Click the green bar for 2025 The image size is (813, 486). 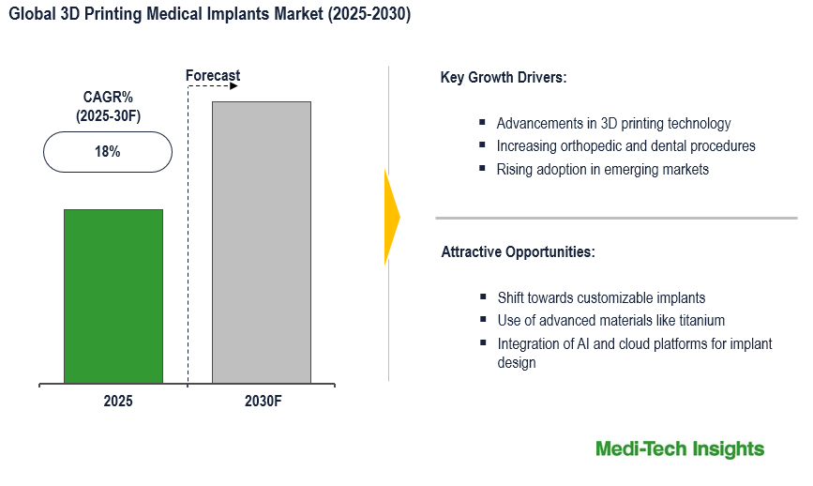point(113,296)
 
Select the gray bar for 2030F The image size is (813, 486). point(262,242)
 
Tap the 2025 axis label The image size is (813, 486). point(118,401)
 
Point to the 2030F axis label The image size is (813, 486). point(263,401)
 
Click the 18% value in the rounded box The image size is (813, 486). point(107,152)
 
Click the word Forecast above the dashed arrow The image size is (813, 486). point(213,75)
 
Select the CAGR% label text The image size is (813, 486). point(107,97)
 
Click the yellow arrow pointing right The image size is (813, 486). point(392,217)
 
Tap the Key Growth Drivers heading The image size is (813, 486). point(504,77)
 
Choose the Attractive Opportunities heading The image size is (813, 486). point(518,252)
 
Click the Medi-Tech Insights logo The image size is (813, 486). point(680,449)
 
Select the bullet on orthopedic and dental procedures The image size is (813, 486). point(625,146)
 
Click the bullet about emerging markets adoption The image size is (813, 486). point(602,170)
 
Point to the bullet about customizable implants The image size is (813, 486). point(601,297)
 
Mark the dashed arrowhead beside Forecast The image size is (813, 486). point(233,86)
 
